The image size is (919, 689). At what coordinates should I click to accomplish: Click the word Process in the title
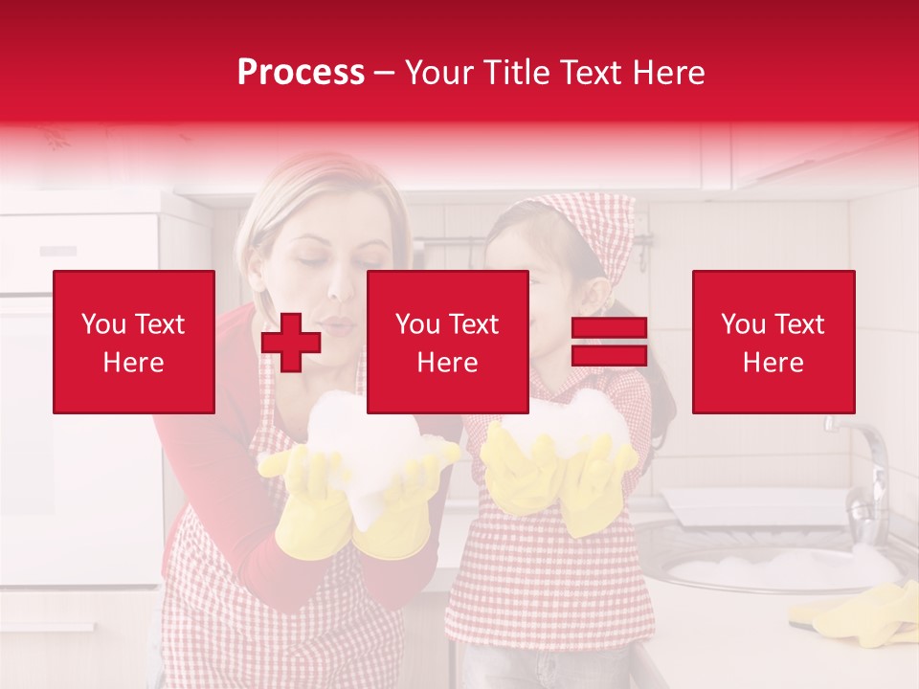[301, 73]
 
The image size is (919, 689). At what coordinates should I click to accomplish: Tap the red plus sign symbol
[290, 342]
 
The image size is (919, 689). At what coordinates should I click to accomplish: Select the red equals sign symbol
[609, 342]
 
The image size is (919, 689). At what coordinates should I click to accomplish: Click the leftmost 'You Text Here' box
[134, 342]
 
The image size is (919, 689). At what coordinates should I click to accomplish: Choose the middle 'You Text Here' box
[447, 342]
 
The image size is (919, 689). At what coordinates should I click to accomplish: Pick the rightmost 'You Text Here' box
[773, 342]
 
